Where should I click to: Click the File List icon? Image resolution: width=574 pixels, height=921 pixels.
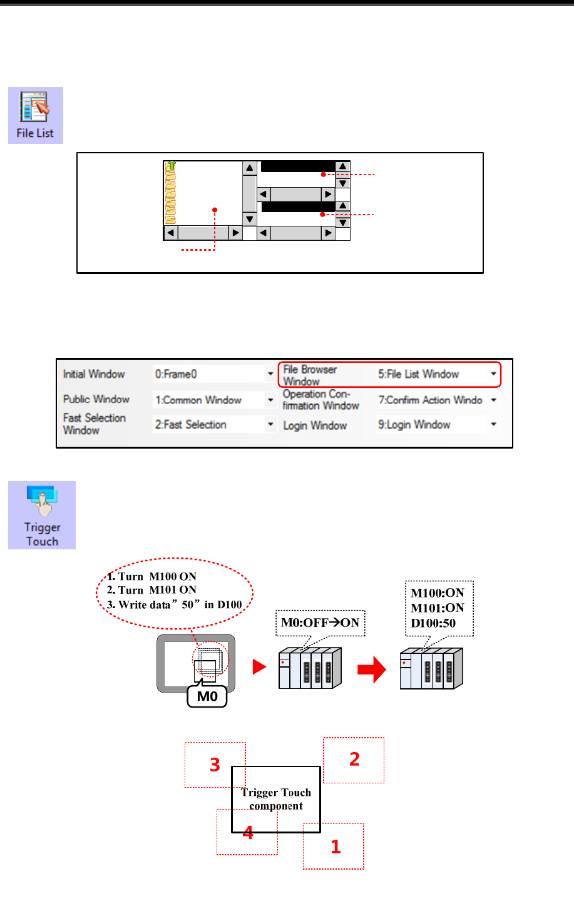[x=36, y=114]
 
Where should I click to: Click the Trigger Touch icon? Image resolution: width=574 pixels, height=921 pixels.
[x=42, y=515]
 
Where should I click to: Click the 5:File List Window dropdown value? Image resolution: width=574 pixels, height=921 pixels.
[x=436, y=374]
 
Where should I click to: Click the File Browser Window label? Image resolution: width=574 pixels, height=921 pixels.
[x=310, y=375]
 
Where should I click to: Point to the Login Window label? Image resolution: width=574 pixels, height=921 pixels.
[x=315, y=425]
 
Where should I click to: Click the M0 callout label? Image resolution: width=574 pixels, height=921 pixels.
[x=207, y=696]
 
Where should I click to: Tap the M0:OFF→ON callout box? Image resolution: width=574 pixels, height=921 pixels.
[x=320, y=623]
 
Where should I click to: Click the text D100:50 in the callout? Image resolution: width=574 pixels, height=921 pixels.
[x=433, y=623]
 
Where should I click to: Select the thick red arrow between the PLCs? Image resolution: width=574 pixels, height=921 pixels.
[x=371, y=670]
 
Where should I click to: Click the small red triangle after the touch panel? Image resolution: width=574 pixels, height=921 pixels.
[x=259, y=667]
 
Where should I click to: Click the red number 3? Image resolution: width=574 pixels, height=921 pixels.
[x=215, y=765]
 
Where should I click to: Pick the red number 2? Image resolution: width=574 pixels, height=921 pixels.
[x=354, y=759]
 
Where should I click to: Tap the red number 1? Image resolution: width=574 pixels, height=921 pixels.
[x=336, y=847]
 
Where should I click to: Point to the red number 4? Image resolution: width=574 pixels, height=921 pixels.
[x=249, y=833]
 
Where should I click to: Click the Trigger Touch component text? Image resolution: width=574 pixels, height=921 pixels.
[x=276, y=799]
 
